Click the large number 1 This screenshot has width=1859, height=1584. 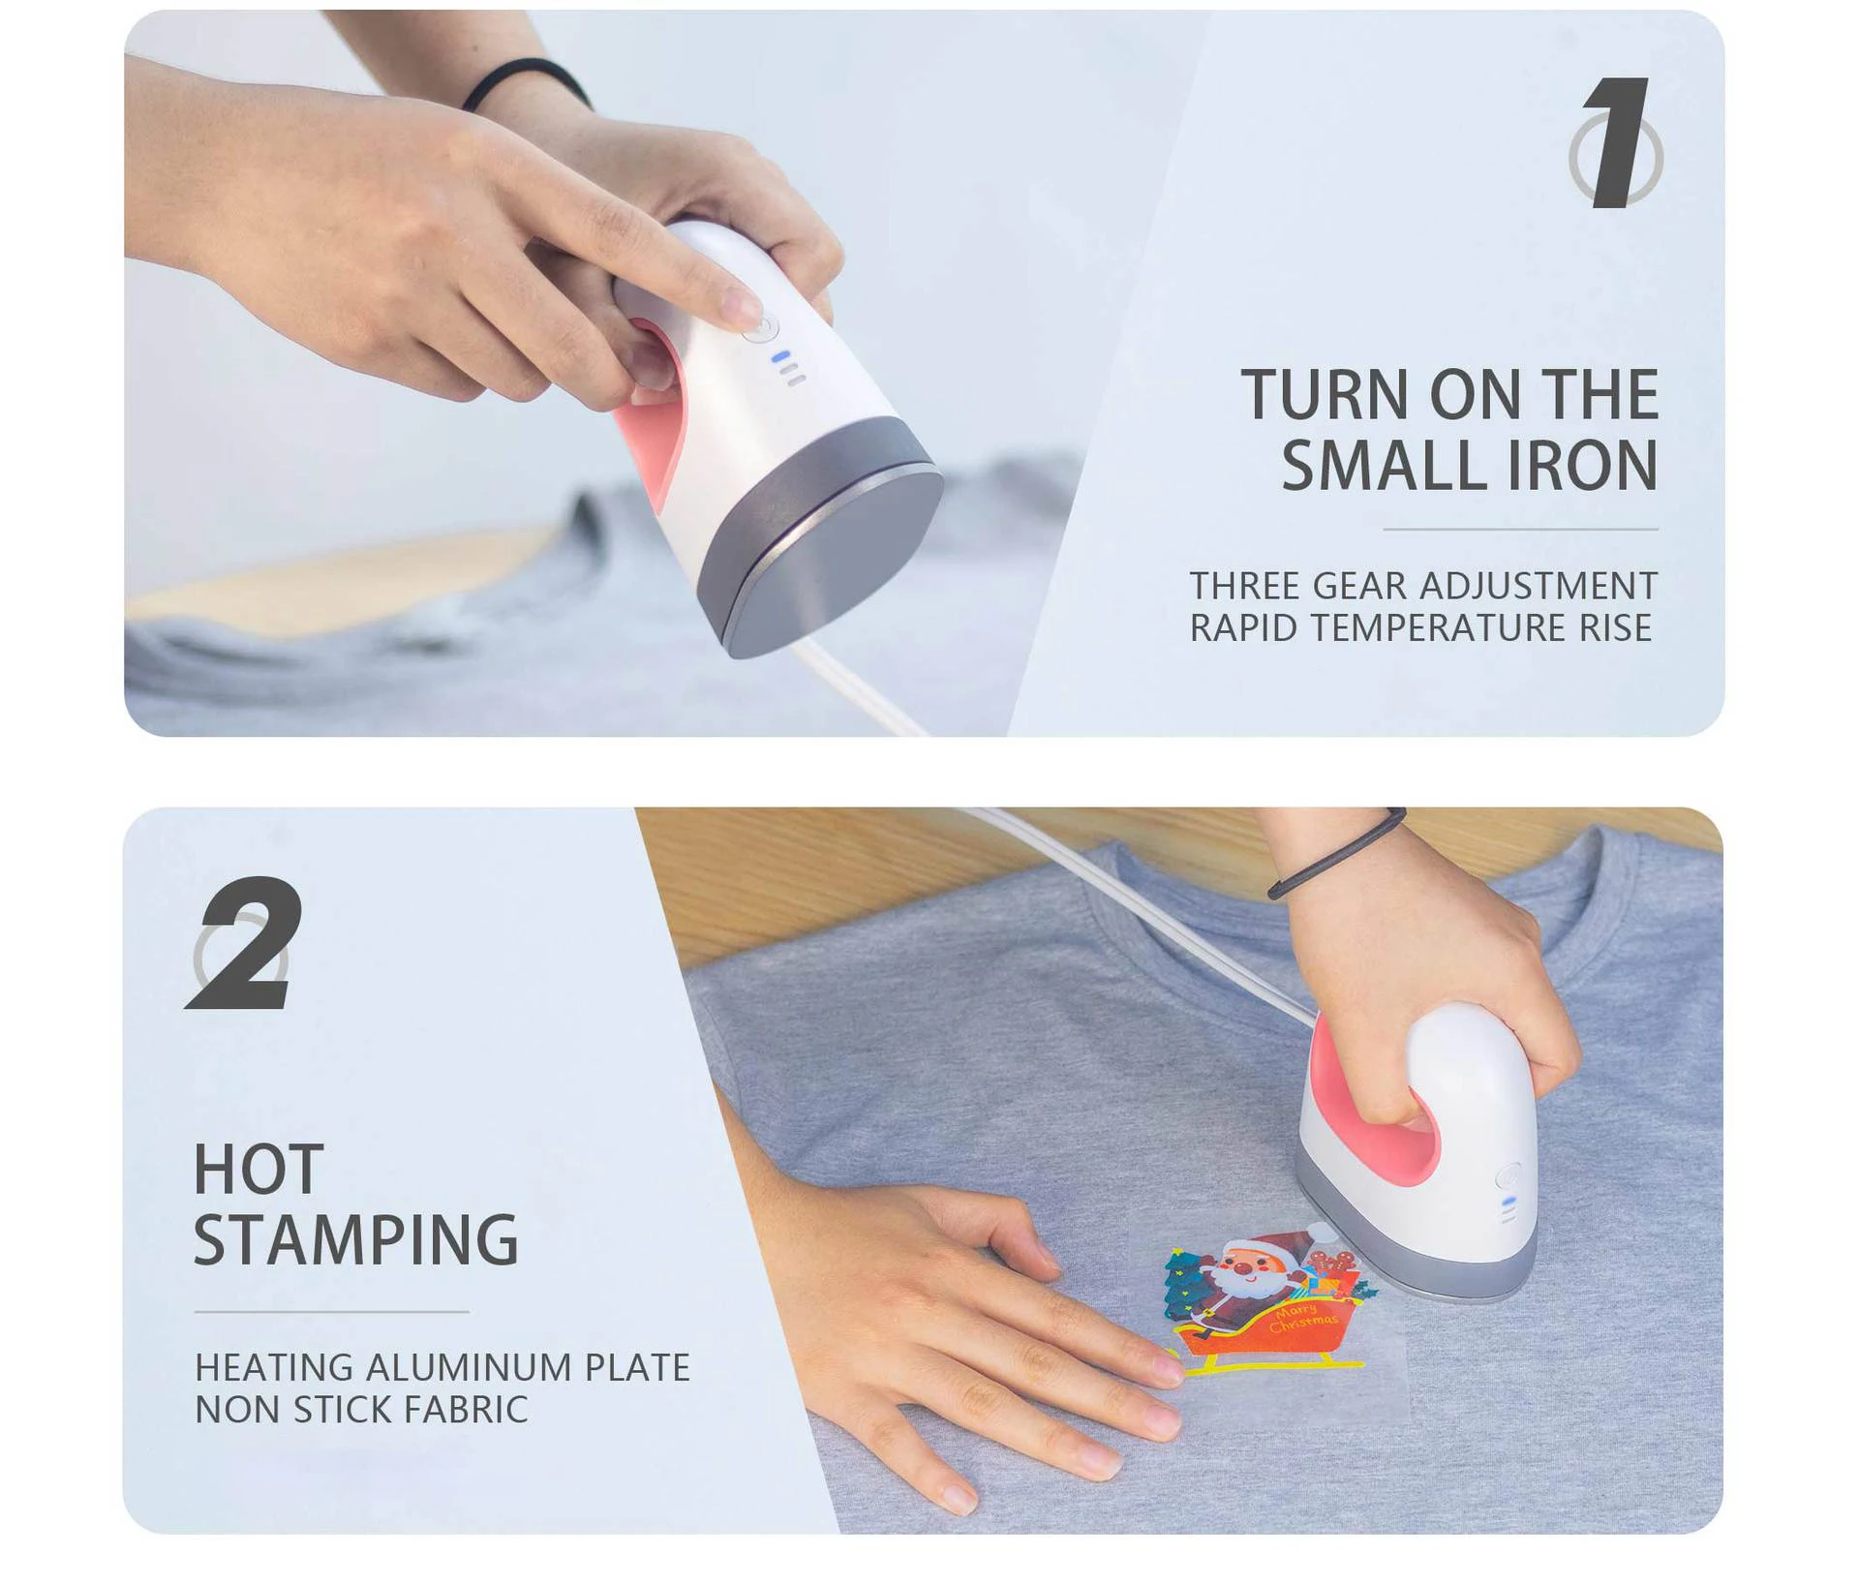(1617, 142)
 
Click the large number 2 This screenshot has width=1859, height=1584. (244, 943)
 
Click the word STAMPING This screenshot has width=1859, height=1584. (356, 1239)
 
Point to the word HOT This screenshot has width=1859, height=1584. (259, 1170)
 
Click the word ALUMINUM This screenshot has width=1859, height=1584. (469, 1367)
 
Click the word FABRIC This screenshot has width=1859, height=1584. (467, 1410)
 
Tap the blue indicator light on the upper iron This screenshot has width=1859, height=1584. (780, 356)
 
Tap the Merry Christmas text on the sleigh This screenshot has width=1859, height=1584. (1302, 1317)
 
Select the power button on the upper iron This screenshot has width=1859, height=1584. (762, 326)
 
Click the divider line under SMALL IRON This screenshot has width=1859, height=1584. (1520, 530)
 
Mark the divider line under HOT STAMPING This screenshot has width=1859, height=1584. (331, 1312)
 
